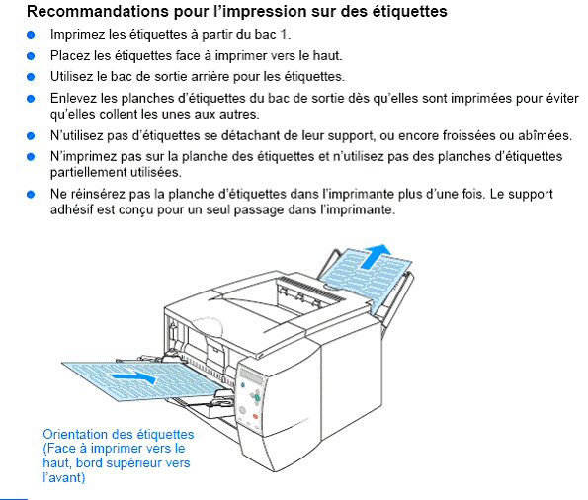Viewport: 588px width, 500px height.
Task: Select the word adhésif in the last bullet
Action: click(x=75, y=209)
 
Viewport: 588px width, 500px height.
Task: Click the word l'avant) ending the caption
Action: click(x=64, y=478)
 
